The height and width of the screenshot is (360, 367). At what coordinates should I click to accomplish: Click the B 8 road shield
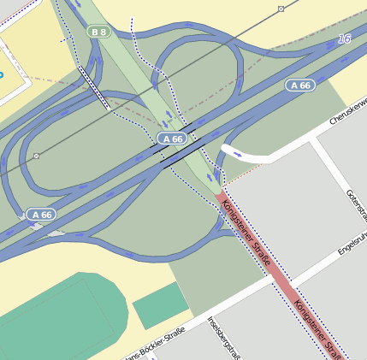click(99, 32)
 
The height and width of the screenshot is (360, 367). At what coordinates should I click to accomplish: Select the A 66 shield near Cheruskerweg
click(299, 86)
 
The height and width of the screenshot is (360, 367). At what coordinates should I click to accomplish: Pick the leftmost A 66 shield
click(40, 214)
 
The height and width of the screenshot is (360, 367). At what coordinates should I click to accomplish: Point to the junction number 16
click(344, 39)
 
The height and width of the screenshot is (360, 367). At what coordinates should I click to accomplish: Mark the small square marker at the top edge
click(281, 9)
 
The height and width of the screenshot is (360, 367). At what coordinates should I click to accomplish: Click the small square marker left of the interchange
click(36, 156)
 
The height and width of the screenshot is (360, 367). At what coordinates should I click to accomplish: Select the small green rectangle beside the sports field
click(160, 304)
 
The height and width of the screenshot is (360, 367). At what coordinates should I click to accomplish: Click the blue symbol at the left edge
click(2, 74)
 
